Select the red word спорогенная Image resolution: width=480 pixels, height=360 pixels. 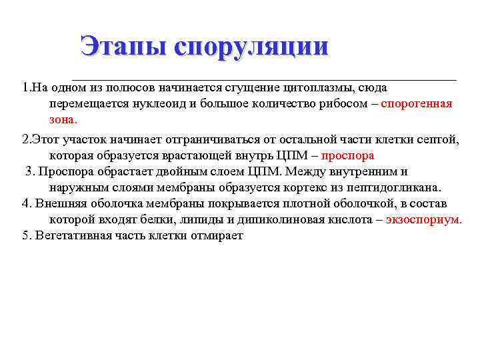click(417, 104)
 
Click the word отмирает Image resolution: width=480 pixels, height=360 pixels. click(219, 237)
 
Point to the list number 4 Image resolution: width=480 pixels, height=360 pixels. click(26, 204)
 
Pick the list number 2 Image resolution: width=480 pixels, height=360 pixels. click(25, 139)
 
